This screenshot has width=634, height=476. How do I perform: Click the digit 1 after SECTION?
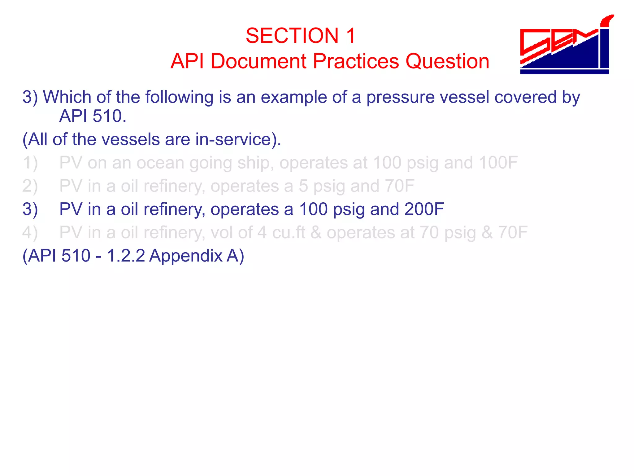coord(350,36)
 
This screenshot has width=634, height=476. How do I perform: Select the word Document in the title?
coord(258,61)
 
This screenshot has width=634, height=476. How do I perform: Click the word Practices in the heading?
coord(356,61)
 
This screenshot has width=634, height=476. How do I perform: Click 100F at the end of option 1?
coord(498,163)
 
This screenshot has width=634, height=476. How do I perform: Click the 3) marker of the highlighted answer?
coord(30,209)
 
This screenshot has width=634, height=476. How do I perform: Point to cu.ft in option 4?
coord(289,232)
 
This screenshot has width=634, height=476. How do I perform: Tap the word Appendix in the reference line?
coord(185,256)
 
